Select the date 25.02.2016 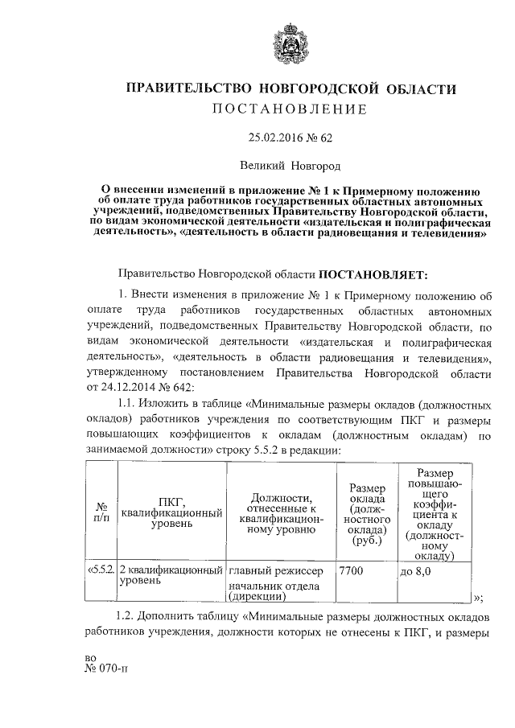point(270,138)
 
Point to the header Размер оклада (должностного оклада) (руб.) point(365,512)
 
